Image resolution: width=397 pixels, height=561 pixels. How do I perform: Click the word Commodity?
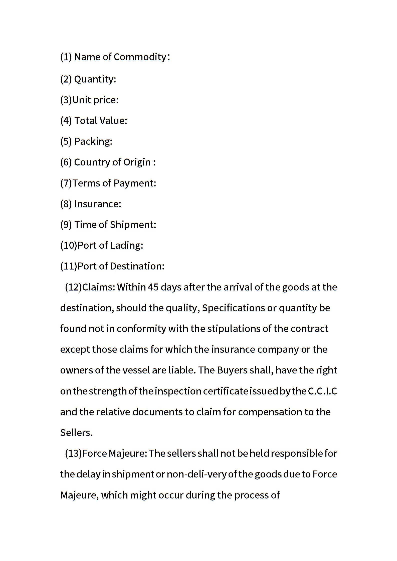140,57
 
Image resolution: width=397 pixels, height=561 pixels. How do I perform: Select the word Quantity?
95,79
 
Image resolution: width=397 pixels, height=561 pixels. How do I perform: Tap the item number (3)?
66,100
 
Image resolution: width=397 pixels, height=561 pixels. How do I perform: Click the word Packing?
93,141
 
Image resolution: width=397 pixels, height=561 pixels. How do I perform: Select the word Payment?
135,183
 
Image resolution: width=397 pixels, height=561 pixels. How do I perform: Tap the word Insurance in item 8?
98,204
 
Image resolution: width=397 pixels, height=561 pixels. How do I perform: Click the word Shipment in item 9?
133,225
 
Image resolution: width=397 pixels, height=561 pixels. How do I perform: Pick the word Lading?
126,245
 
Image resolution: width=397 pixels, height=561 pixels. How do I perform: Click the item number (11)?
69,266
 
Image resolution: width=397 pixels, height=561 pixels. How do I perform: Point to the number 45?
153,287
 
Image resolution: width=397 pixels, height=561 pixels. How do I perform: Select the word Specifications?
233,308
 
